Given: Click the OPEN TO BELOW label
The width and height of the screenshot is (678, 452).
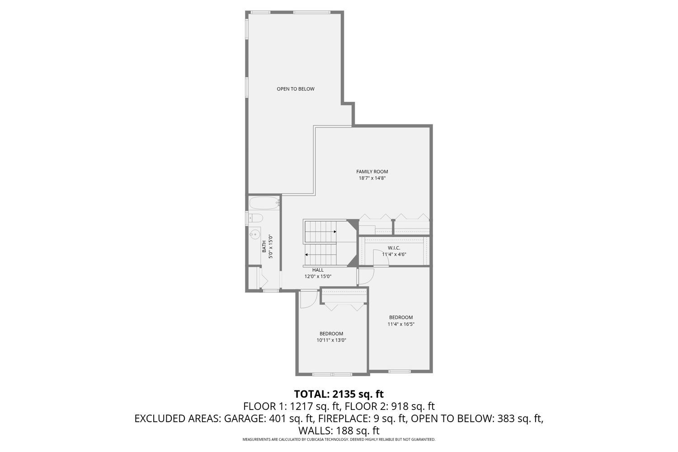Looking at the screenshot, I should click(295, 89).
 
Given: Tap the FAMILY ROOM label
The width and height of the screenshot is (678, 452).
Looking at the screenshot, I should click(372, 171).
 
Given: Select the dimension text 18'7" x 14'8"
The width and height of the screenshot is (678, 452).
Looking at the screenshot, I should click(372, 178).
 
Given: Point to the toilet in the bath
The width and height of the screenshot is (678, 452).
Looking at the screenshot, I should click(255, 218).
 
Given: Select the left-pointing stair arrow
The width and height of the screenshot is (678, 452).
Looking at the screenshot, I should click(307, 254).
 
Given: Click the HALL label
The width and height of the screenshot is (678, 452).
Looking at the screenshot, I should click(318, 270).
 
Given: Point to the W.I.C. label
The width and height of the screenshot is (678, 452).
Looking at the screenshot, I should click(394, 248).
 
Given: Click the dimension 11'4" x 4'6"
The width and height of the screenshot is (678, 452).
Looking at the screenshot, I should click(394, 254).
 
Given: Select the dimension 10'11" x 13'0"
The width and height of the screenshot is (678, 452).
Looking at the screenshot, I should click(331, 340).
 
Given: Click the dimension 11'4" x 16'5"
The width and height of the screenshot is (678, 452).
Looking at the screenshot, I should click(400, 324).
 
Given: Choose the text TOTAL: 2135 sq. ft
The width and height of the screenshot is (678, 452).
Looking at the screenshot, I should click(339, 394).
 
